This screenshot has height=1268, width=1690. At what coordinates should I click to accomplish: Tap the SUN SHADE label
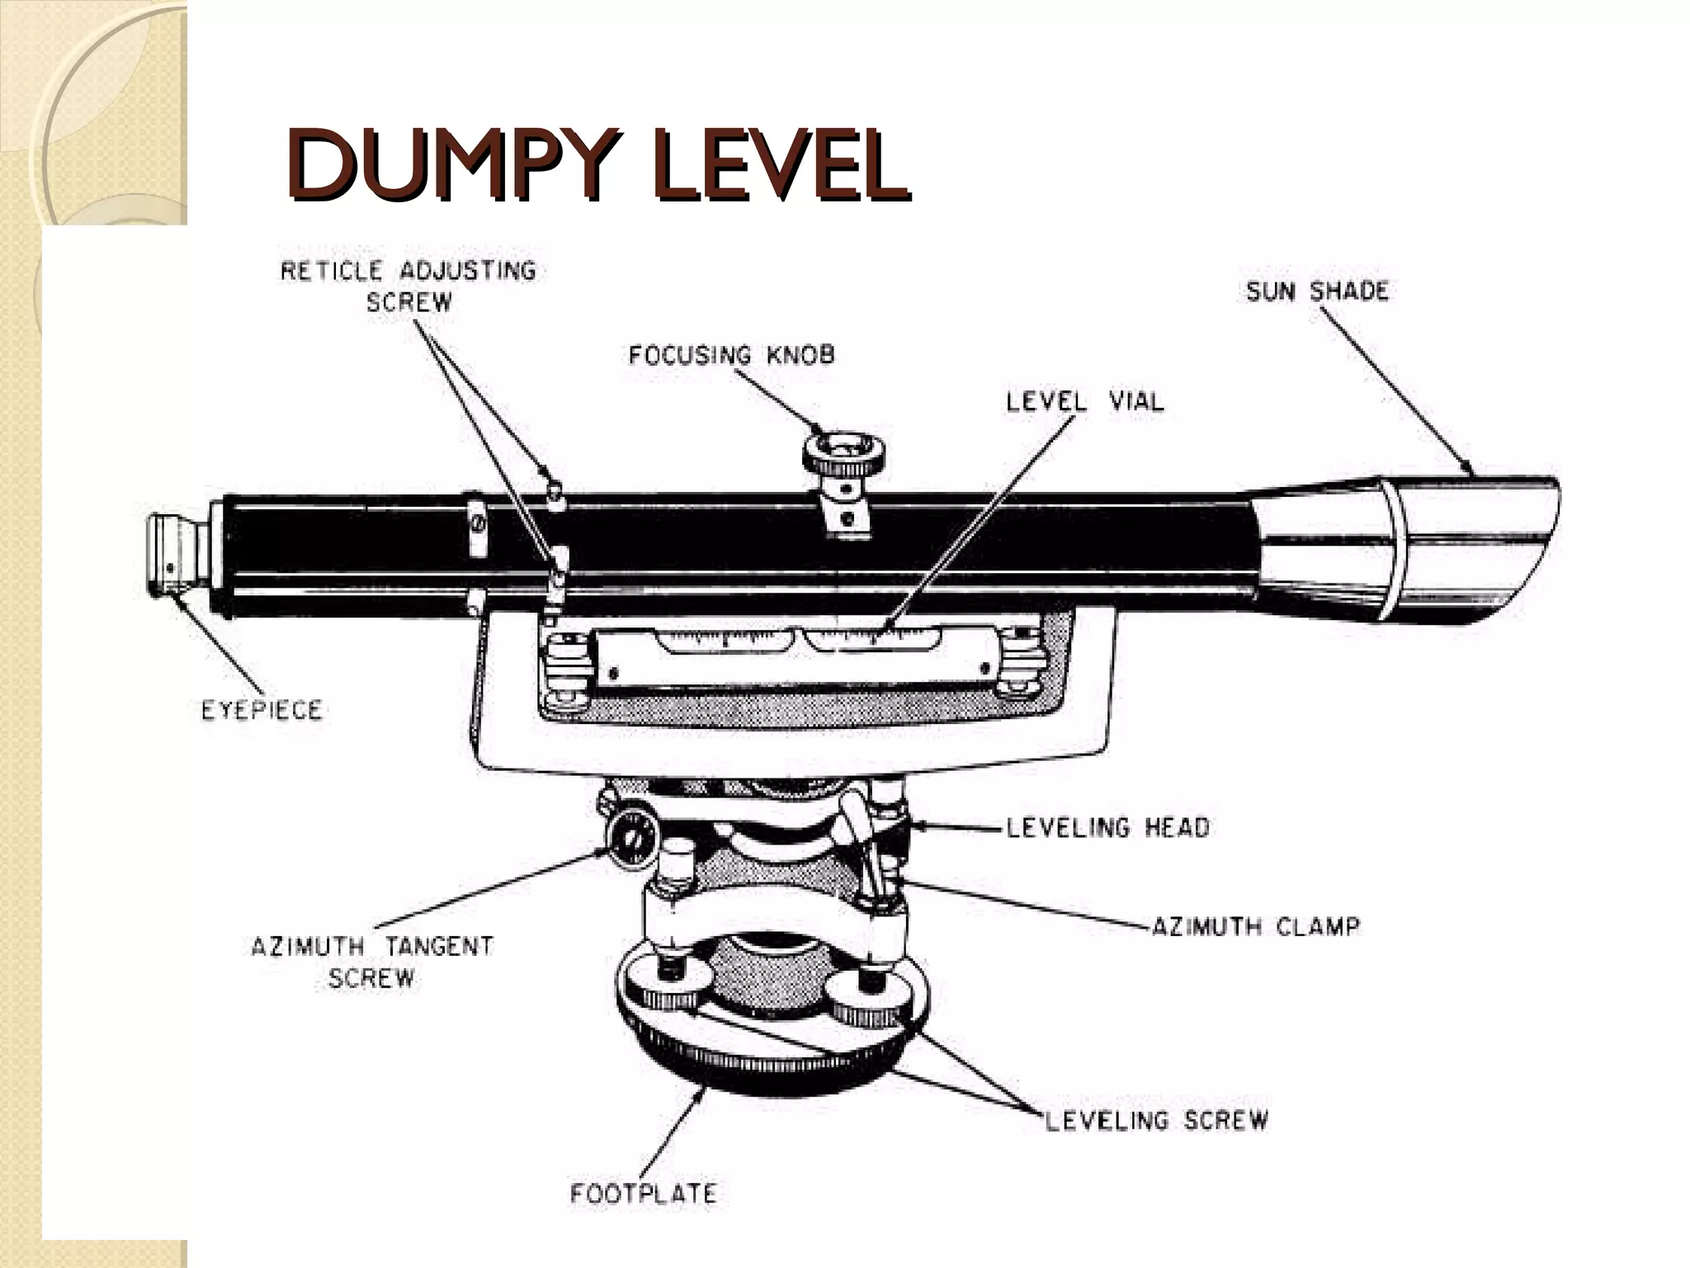point(1317,291)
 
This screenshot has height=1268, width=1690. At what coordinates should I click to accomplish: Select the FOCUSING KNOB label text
point(731,355)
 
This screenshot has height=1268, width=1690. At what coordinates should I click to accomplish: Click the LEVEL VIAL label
point(1084,402)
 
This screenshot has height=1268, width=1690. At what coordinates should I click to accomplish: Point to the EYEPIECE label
point(262,710)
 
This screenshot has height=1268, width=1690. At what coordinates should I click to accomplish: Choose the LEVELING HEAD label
point(1107,827)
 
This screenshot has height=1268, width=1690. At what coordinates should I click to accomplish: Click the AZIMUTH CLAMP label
point(1254,926)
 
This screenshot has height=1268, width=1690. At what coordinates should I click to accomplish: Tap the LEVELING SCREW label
point(1156,1120)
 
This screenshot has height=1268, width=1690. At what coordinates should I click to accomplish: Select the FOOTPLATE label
point(643,1193)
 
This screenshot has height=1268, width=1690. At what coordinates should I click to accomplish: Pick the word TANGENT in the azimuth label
point(438,946)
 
